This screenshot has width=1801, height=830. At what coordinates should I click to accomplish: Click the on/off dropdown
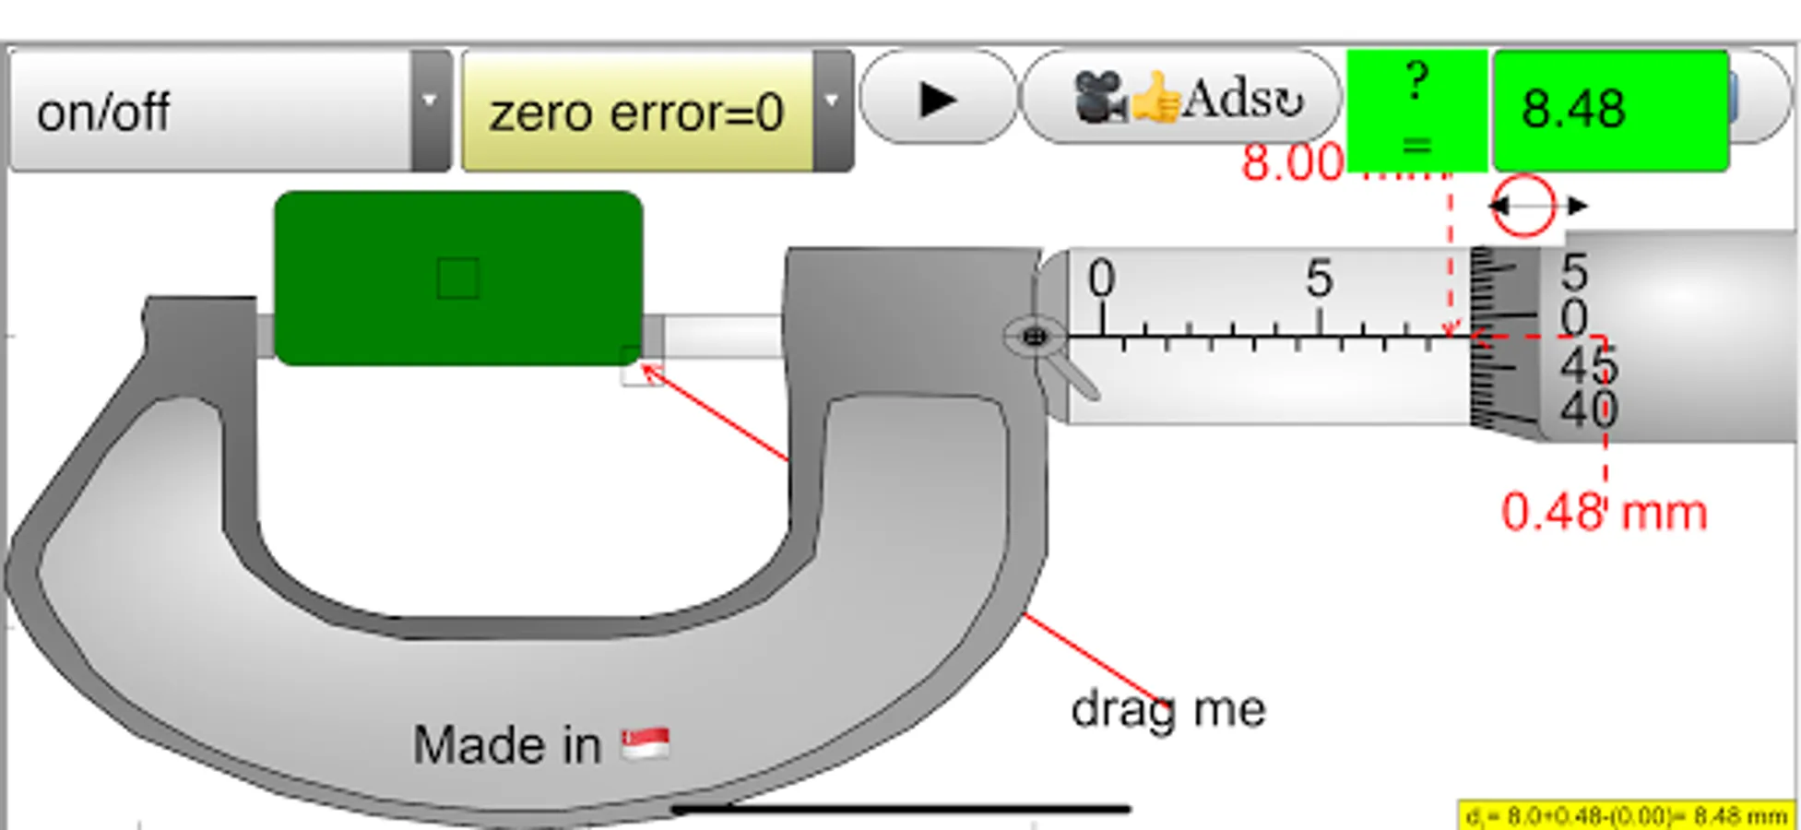click(229, 112)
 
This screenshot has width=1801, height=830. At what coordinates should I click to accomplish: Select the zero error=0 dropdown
click(657, 112)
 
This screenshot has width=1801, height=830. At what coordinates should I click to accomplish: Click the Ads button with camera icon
click(1182, 98)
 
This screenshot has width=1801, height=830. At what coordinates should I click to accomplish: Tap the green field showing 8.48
click(1610, 111)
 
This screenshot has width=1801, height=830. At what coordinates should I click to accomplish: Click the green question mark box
click(1416, 111)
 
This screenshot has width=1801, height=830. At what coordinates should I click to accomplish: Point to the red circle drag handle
click(1523, 206)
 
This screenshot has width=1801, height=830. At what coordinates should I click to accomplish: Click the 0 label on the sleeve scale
click(1101, 278)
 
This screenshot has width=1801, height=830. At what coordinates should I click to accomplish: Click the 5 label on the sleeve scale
click(1320, 278)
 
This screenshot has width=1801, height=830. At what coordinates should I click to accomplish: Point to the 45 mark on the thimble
click(1588, 367)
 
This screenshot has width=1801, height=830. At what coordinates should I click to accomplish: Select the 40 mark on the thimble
click(1588, 408)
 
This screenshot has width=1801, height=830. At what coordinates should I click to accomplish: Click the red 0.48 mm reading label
click(1604, 513)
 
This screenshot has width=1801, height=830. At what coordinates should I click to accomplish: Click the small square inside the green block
click(458, 278)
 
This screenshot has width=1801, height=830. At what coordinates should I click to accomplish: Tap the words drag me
click(1168, 709)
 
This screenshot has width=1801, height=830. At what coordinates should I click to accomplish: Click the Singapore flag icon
click(646, 743)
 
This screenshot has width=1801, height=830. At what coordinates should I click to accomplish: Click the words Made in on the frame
click(506, 744)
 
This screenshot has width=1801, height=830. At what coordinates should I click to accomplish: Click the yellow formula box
click(1627, 816)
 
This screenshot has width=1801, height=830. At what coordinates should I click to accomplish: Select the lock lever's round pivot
click(1035, 337)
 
